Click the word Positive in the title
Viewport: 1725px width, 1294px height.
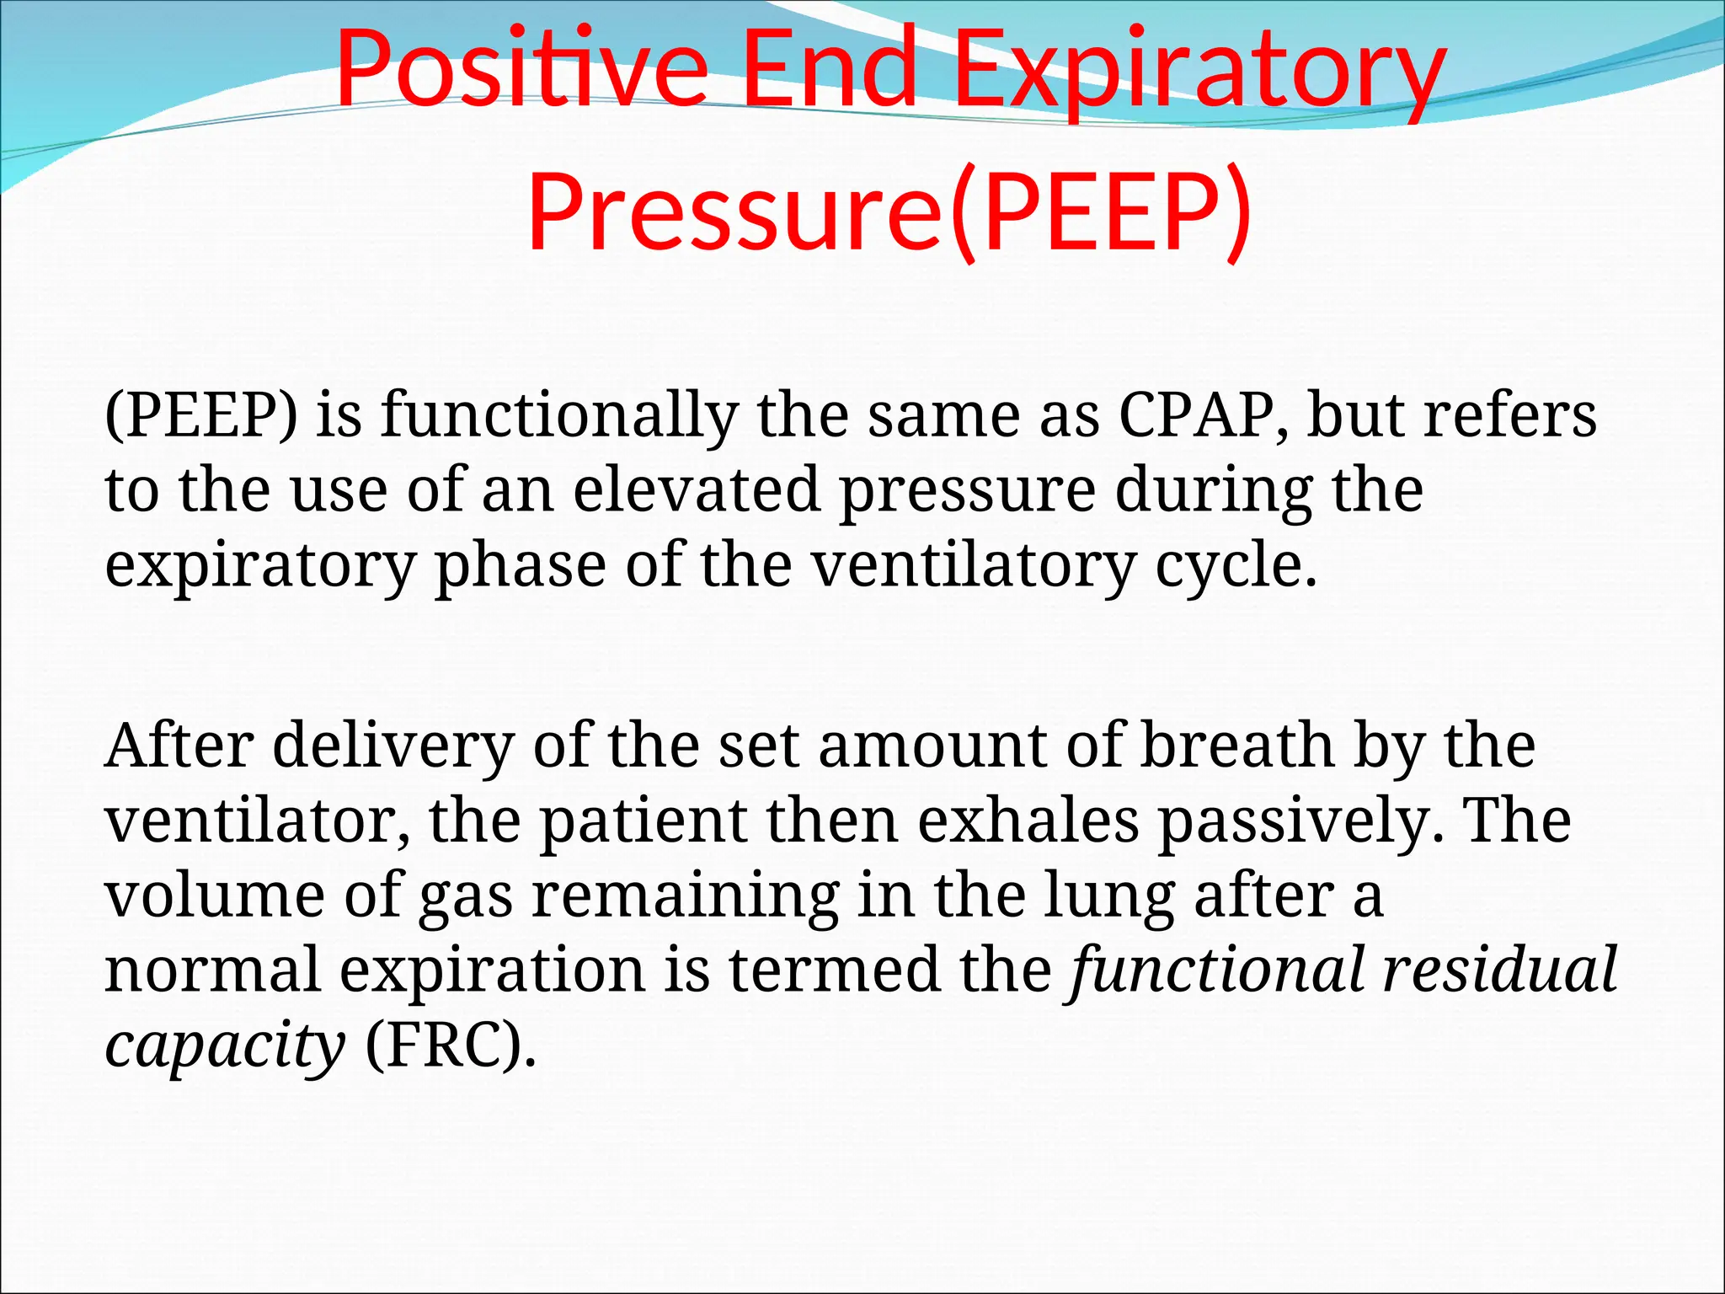click(x=521, y=69)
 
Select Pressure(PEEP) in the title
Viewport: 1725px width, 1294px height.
click(x=889, y=211)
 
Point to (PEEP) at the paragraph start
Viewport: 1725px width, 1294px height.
click(x=201, y=416)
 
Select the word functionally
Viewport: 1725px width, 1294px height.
click(x=559, y=416)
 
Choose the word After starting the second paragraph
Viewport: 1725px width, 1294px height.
click(x=179, y=746)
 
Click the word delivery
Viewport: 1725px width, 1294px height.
click(x=393, y=746)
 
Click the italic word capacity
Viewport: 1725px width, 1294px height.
click(x=224, y=1045)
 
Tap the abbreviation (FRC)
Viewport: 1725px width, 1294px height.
click(x=451, y=1045)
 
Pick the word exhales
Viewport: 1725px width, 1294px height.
click(x=1028, y=821)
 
